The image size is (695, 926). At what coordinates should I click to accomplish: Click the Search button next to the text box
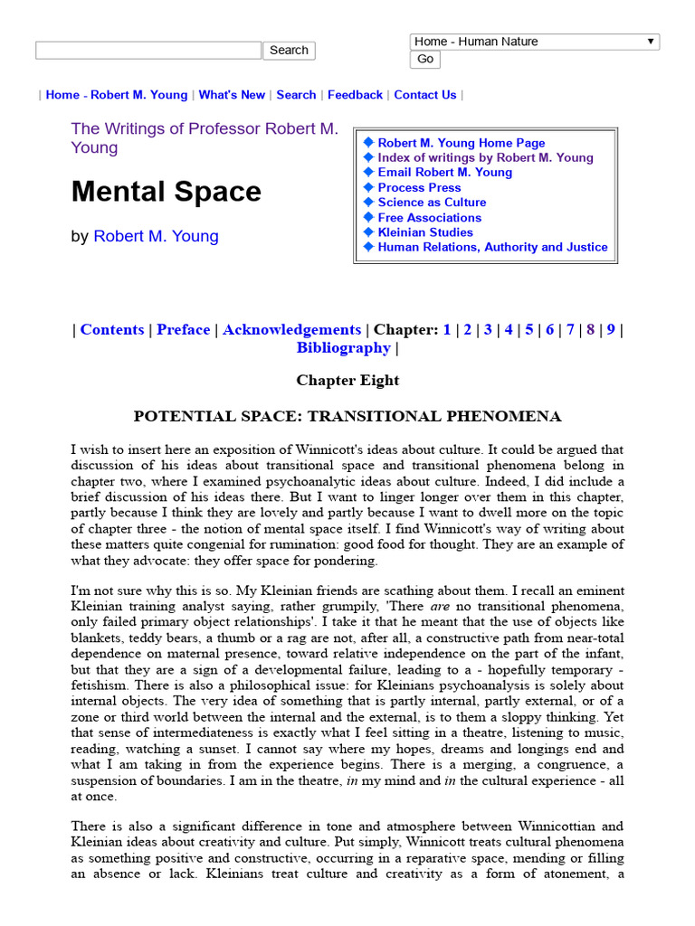pos(289,51)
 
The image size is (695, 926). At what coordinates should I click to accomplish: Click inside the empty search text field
pos(148,51)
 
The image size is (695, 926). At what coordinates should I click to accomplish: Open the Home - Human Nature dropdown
pos(534,42)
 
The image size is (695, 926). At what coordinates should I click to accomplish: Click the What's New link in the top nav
pos(232,95)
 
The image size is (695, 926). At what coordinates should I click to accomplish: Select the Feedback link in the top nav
pos(355,95)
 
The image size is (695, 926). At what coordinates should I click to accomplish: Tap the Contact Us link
pos(424,95)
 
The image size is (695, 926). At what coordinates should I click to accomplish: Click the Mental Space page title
pos(167,192)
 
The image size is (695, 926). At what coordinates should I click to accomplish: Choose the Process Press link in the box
pos(419,187)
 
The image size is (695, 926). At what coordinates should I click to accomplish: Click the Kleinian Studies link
pos(425,232)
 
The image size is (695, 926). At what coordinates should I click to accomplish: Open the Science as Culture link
pos(432,203)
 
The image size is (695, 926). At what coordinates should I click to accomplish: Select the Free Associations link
pos(429,217)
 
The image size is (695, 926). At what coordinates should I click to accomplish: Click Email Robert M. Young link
pos(444,173)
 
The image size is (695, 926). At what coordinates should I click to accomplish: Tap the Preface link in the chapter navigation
pos(183,330)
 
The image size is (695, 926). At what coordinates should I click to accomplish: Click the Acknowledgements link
pos(291,330)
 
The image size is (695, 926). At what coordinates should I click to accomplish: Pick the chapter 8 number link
pos(590,330)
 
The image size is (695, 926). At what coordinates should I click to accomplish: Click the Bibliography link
pos(343,348)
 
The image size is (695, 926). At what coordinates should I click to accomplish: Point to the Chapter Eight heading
pos(347,381)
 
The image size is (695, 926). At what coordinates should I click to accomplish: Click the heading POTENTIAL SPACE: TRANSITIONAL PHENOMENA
pos(347,417)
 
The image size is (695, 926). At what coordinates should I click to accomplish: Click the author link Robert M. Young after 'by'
pos(156,237)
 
